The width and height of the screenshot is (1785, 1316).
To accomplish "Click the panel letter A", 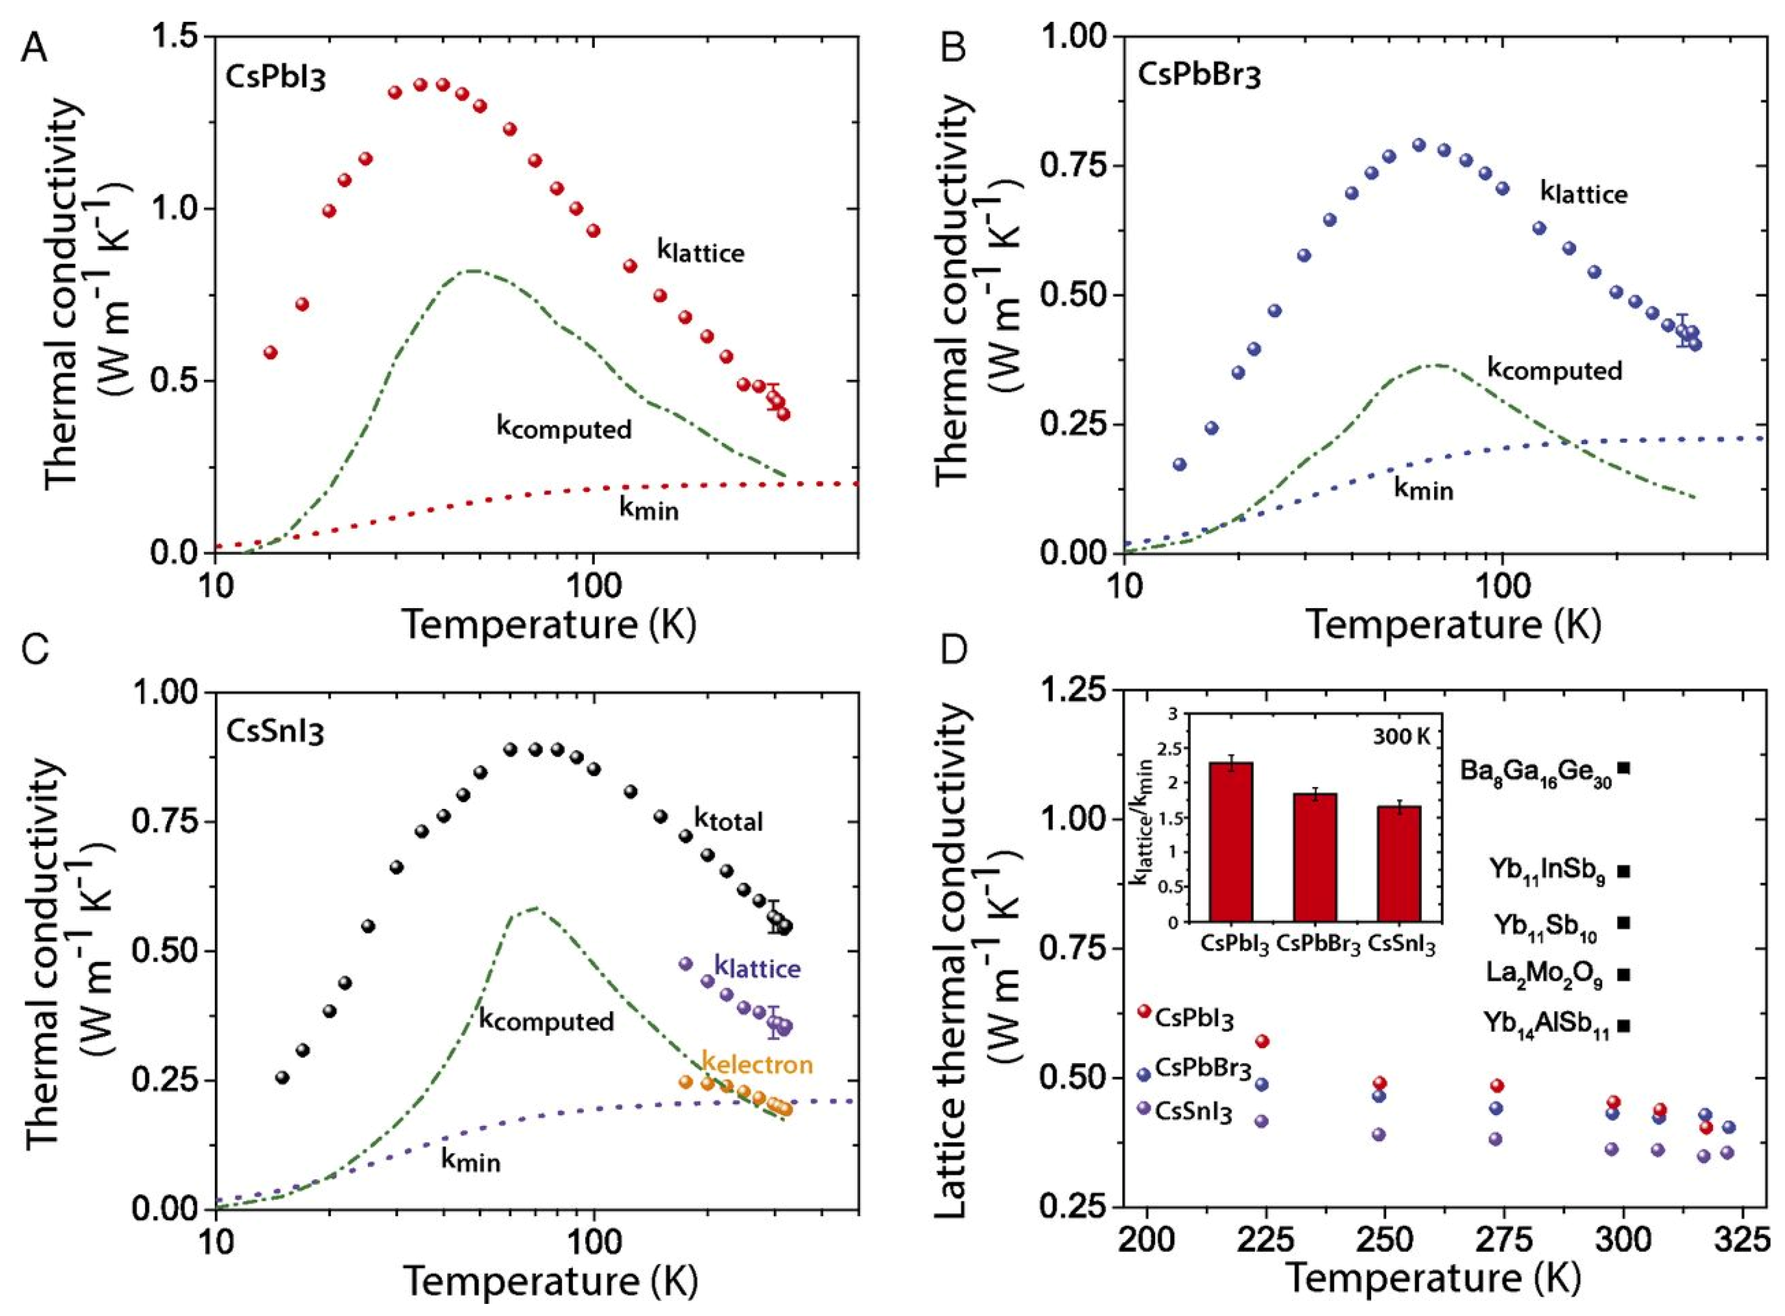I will pos(33,50).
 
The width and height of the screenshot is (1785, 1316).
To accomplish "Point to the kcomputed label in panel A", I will pos(564,428).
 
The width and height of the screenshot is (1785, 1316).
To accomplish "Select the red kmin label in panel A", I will pos(649,508).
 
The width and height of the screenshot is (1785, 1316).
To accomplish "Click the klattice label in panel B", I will pos(1584,194).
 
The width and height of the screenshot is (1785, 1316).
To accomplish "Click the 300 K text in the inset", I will pos(1401,736).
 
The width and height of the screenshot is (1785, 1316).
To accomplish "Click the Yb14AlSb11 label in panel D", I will pos(1545,1025).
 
